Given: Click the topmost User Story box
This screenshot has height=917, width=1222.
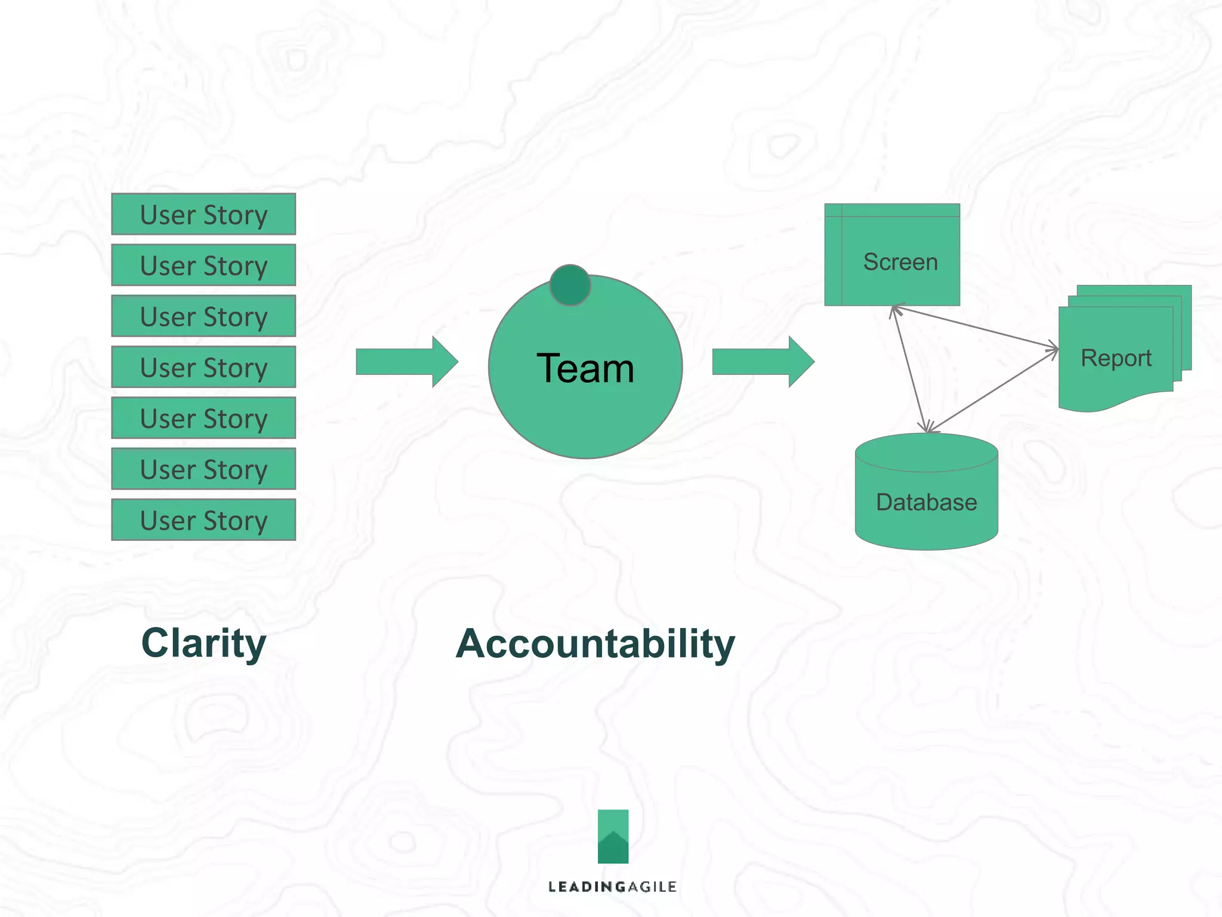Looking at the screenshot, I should [x=203, y=214].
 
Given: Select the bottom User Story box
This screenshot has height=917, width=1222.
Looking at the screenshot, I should [x=203, y=520].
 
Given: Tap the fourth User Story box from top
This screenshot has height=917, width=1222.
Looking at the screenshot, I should [x=203, y=367].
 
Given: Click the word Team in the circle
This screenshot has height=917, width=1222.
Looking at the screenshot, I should [x=585, y=368].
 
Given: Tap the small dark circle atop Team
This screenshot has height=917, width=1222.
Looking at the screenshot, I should [x=570, y=285].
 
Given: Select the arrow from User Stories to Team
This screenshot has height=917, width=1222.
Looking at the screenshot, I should [x=406, y=362].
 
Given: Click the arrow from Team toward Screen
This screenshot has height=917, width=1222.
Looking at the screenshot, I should [x=763, y=362].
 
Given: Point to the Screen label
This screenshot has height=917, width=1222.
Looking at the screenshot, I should [x=900, y=262].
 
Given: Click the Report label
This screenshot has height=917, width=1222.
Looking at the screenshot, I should [x=1116, y=358].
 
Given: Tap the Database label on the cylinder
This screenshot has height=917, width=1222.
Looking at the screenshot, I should [x=926, y=502].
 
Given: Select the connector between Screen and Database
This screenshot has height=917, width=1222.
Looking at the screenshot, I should [x=909, y=370].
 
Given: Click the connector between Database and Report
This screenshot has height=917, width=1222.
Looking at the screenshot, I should [x=993, y=390].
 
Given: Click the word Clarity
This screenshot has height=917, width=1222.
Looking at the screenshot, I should [x=203, y=644].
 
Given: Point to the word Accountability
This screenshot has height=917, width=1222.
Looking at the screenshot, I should [x=595, y=644].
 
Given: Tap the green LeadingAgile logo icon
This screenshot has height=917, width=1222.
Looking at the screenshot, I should [x=613, y=836].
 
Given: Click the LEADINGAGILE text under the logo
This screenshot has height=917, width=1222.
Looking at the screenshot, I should [x=612, y=887].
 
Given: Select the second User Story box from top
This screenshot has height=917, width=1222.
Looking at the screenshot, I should [x=203, y=265].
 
